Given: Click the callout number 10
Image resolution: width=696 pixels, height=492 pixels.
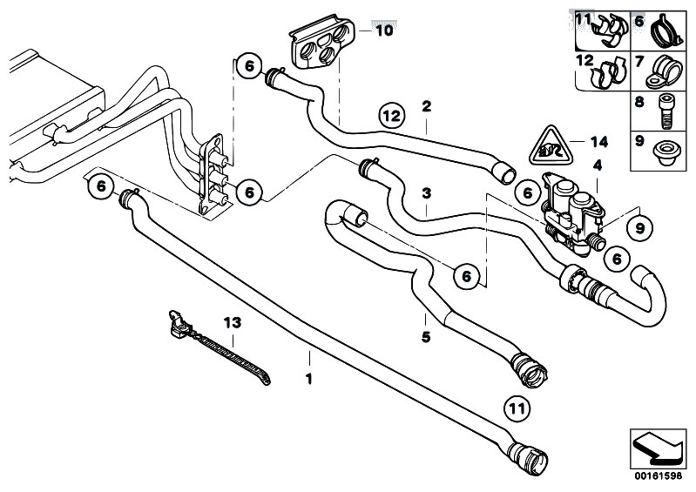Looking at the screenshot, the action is point(384,30).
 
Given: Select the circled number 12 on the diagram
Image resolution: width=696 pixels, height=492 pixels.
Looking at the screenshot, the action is point(392,116).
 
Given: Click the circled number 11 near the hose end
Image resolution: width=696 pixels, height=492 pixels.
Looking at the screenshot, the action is point(517,408).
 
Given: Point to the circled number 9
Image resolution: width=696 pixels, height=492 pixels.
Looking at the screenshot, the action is point(639,228).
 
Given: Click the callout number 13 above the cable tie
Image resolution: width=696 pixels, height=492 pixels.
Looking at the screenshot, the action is point(233,322).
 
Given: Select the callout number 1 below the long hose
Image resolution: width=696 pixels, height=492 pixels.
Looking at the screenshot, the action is point(309,380).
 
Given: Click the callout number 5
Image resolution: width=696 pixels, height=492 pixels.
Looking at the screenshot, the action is point(426,337).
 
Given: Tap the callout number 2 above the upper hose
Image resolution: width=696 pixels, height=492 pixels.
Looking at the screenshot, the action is point(427,106).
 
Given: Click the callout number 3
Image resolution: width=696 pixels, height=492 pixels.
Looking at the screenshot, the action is point(427,193).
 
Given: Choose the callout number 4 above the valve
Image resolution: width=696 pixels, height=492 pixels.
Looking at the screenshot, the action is point(598,166).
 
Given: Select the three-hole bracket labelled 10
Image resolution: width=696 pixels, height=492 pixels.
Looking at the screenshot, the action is point(321,42).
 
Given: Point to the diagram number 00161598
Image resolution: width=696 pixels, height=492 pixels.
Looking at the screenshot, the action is point(658,476).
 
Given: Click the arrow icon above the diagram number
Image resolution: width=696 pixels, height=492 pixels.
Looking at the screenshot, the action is point(658,448).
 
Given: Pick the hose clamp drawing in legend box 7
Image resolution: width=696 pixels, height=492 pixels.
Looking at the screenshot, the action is point(663,71).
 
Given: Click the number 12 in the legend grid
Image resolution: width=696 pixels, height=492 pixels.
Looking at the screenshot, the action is point(585,60).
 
